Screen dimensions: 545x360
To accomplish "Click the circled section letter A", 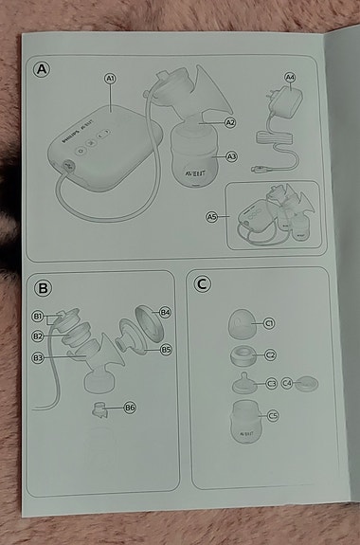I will coord(41,68).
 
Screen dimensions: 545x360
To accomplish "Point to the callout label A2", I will coord(230,123).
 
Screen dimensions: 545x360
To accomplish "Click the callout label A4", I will coord(290,77).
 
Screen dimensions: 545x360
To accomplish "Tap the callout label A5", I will coord(212,217).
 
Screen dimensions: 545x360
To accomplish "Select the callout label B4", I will coord(165,312).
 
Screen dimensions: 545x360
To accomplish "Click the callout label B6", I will coord(130,408).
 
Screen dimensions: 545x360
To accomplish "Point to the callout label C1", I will coord(269,324).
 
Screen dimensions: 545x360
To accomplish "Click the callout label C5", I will coord(273,415).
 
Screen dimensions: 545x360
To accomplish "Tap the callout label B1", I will coord(39,315).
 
